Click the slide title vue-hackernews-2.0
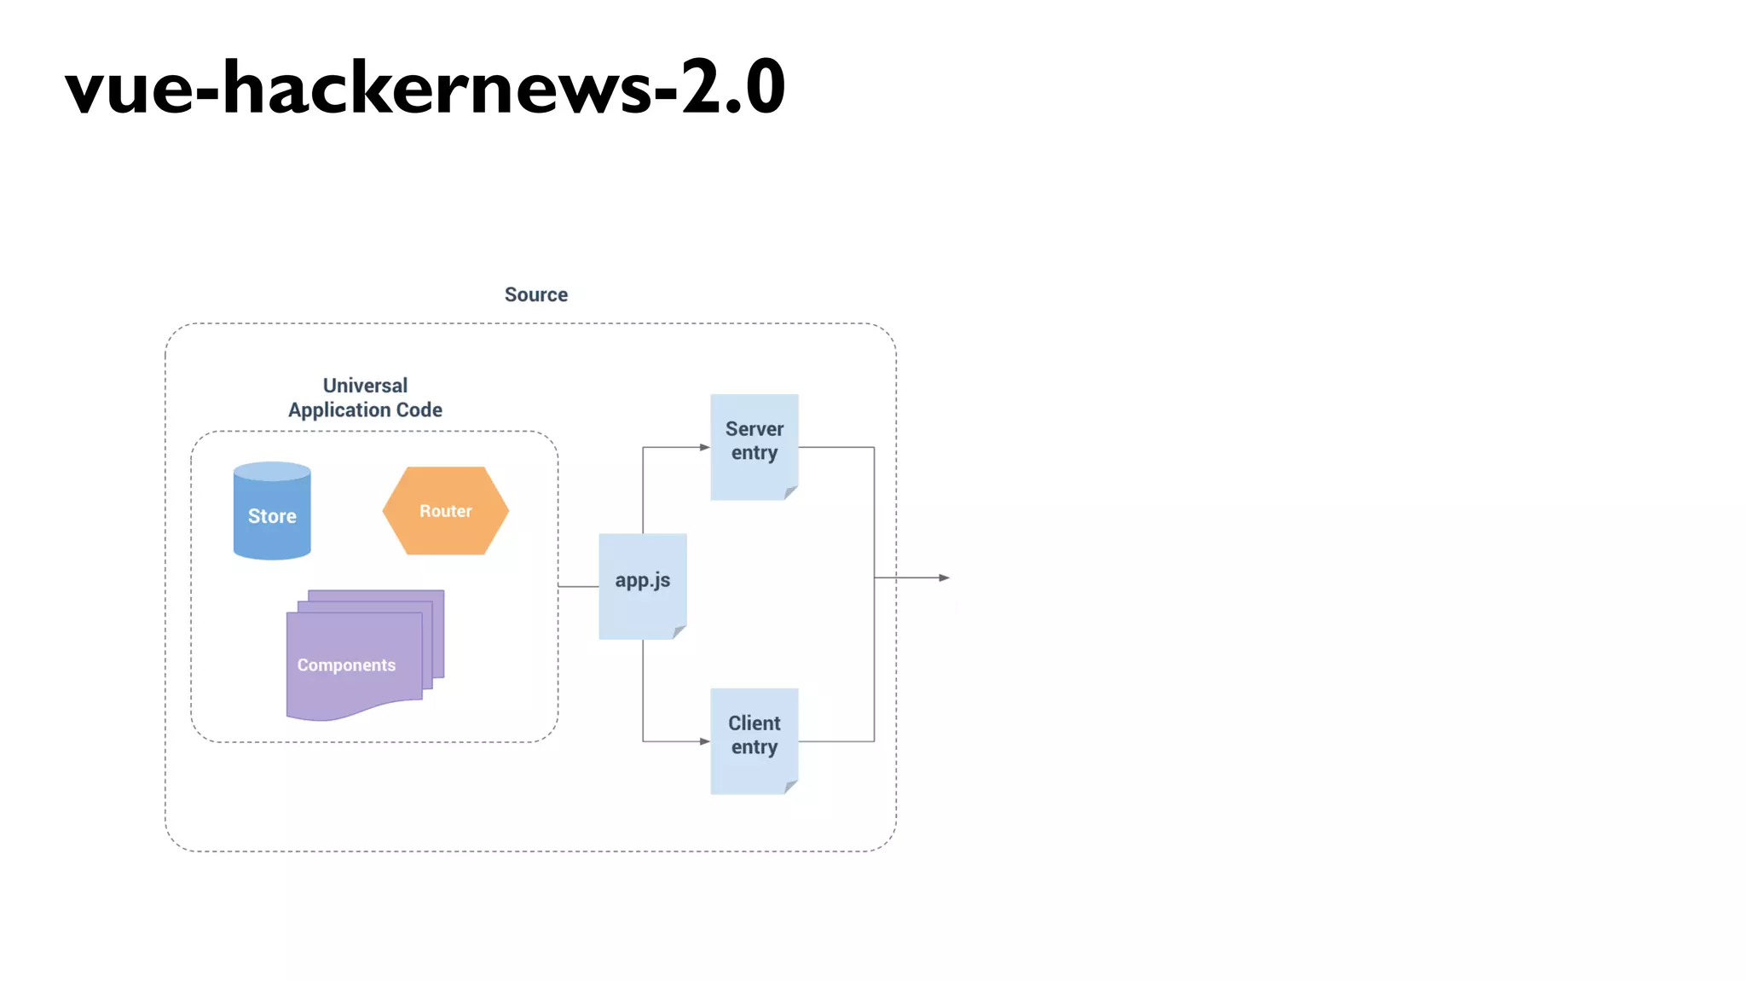[425, 87]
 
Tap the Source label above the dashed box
[535, 294]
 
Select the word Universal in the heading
[365, 386]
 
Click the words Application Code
[365, 410]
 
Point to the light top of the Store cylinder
[272, 471]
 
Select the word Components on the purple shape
[346, 665]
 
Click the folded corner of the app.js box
[680, 632]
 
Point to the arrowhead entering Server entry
[705, 447]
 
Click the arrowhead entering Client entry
[705, 741]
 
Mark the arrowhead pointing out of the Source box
[945, 578]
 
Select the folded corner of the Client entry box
[792, 787]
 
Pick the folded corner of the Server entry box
[792, 492]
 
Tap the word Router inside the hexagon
[445, 511]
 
